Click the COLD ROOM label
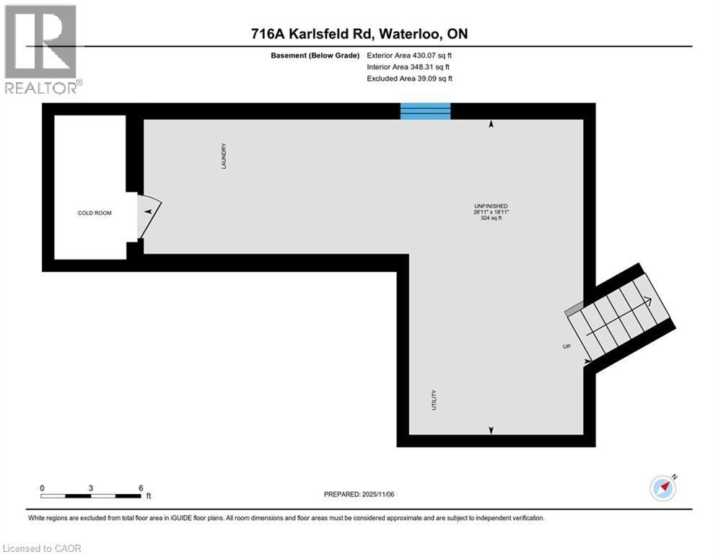[x=95, y=213]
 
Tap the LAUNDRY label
[x=224, y=156]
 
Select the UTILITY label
[x=434, y=400]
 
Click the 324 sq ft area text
[x=491, y=218]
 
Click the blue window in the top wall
[x=426, y=111]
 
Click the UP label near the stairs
[x=566, y=346]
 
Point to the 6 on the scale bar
[x=140, y=488]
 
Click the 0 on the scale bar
[x=42, y=488]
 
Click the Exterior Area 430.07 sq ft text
[x=410, y=55]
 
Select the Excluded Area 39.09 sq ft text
[x=410, y=79]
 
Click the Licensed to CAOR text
[x=43, y=548]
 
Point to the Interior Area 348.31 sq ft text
[x=410, y=67]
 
